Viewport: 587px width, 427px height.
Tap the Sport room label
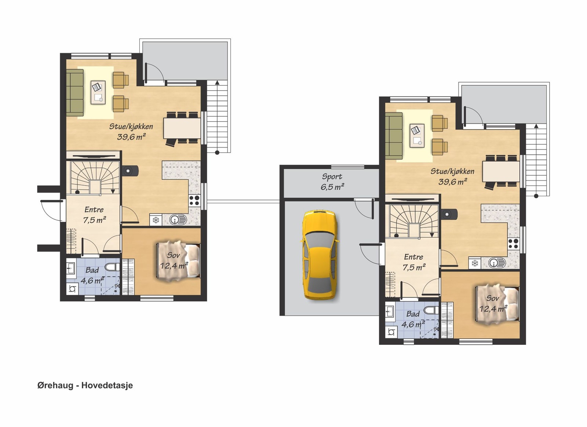[x=332, y=176]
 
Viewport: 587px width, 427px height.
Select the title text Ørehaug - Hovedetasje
[x=85, y=385]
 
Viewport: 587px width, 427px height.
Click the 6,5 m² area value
[x=332, y=187]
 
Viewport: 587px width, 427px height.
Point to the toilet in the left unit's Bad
[x=112, y=267]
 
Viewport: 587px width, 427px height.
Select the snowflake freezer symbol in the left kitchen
[x=156, y=220]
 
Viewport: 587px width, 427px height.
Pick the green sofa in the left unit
[x=75, y=92]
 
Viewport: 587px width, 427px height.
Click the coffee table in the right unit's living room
[x=417, y=135]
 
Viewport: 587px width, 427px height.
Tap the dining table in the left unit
[x=182, y=128]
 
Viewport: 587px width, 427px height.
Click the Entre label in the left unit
[x=94, y=209]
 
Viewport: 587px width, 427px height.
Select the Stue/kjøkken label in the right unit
[x=452, y=171]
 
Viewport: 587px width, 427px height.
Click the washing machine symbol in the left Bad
[x=72, y=289]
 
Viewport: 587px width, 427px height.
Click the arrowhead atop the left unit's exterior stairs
[x=217, y=83]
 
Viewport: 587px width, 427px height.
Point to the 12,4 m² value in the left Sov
[x=174, y=266]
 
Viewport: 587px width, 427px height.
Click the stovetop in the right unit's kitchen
[x=514, y=244]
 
